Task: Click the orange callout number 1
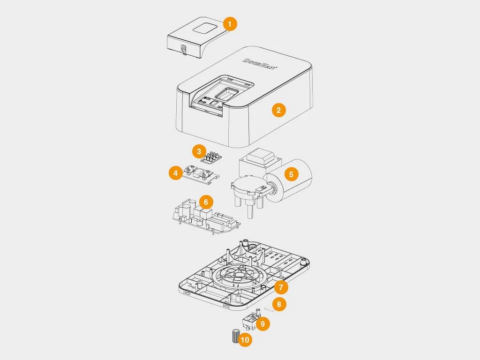229,24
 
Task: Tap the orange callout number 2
278,110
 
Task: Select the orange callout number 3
199,151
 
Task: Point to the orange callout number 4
175,173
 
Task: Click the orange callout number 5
291,174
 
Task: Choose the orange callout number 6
205,202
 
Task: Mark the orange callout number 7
281,286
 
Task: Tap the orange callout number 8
279,304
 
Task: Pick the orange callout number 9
262,323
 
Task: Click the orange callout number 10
245,340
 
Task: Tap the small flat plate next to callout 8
268,308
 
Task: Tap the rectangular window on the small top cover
203,28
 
